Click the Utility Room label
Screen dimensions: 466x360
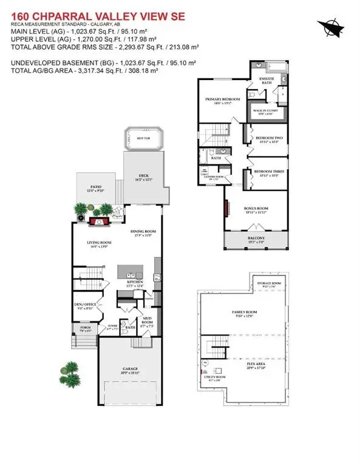pos(216,378)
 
